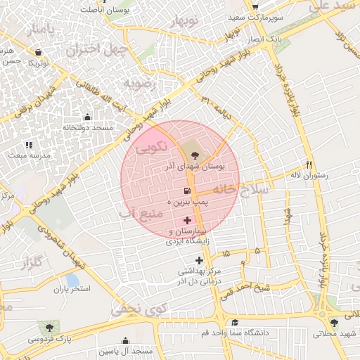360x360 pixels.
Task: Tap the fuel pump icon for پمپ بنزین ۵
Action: (186, 191)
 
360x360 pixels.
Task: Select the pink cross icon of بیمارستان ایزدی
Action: (186, 220)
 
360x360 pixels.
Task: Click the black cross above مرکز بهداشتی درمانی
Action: (199, 260)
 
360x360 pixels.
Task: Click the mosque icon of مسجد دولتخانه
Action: (86, 117)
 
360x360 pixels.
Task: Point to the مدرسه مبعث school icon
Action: (29, 144)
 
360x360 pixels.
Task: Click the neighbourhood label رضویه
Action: (139, 84)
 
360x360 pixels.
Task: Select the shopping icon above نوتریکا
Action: (38, 52)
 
